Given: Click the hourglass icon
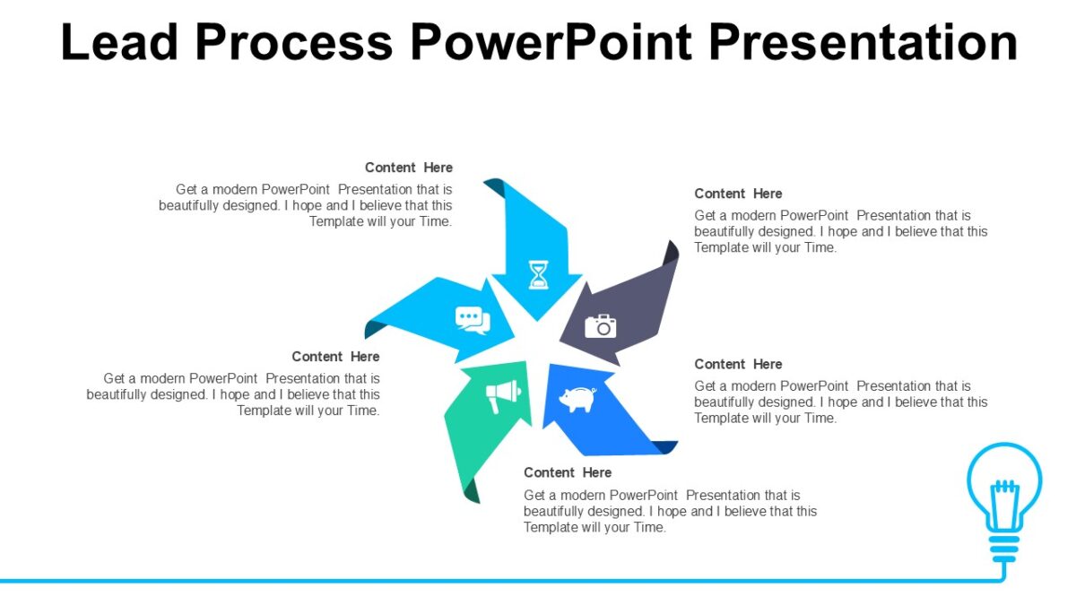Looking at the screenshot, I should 538,274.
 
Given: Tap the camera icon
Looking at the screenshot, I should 601,325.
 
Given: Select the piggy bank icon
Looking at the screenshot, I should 577,399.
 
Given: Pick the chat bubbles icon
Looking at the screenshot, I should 473,319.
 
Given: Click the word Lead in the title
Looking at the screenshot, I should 118,42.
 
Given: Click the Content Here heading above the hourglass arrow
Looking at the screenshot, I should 408,168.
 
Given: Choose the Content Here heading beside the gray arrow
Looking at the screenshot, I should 738,194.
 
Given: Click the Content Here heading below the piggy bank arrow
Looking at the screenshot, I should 568,472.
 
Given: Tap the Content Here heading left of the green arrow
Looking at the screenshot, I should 335,357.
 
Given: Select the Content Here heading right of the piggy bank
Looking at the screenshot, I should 738,364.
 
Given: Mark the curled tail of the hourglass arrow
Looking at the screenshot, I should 495,188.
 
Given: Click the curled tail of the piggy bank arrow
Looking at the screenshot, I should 664,447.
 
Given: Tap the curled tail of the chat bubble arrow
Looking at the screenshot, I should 373,329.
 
